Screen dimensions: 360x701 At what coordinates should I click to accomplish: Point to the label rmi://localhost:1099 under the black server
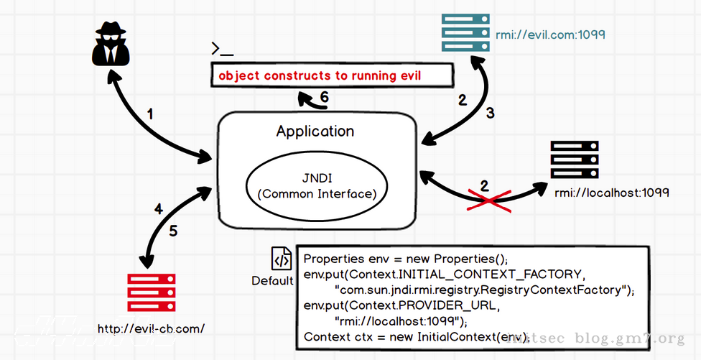[612, 193]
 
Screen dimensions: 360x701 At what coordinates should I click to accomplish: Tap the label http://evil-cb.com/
[151, 328]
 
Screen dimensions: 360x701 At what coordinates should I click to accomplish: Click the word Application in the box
[315, 131]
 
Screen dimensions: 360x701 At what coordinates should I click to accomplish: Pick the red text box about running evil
[333, 75]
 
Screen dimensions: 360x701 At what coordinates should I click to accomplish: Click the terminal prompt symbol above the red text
[222, 50]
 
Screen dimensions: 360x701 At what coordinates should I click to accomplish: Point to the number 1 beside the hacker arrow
[150, 114]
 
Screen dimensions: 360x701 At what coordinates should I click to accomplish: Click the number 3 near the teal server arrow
[491, 112]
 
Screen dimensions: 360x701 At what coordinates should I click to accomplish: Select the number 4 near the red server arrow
[159, 210]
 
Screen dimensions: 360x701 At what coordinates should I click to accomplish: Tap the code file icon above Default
[281, 259]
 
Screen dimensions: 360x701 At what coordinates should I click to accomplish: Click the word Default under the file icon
[272, 281]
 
